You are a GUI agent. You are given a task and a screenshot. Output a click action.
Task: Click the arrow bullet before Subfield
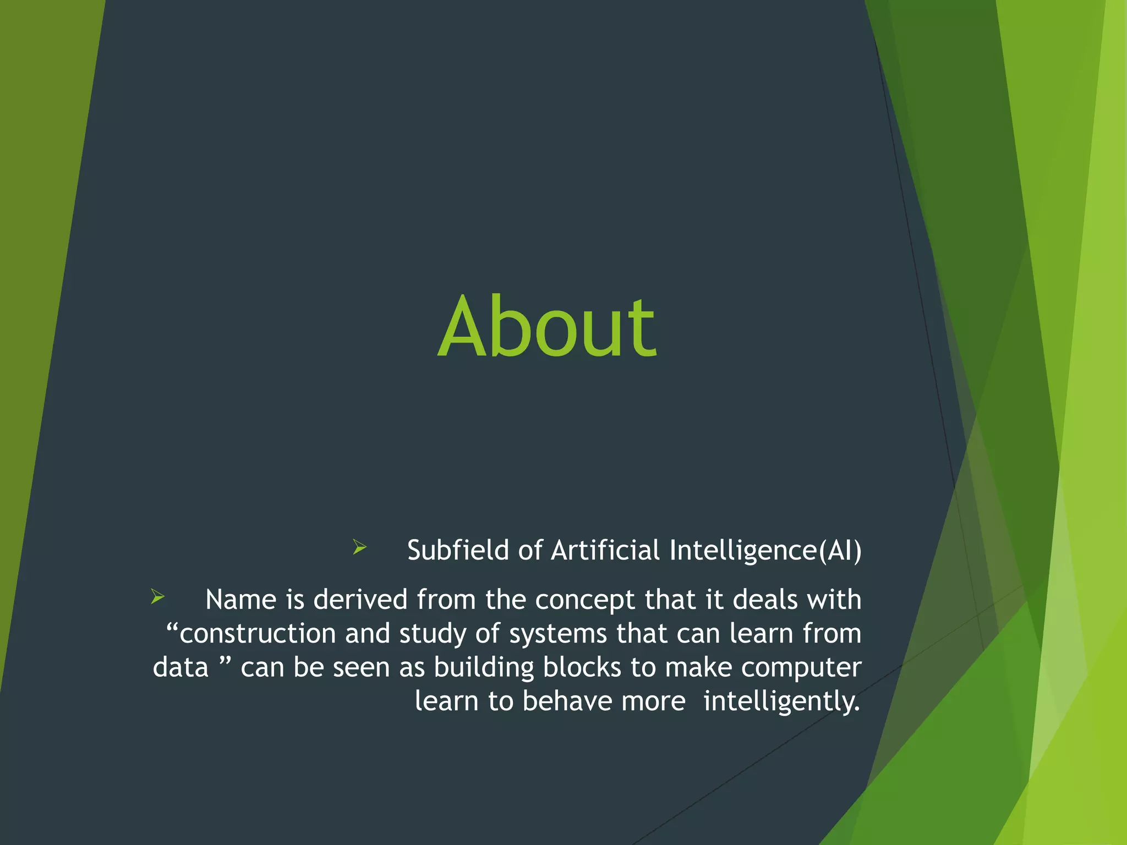coord(359,547)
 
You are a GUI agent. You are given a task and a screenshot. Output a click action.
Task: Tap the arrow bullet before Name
coord(157,597)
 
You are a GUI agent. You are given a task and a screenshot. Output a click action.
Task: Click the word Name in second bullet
coord(240,600)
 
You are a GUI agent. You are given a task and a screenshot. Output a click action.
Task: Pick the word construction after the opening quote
coord(258,634)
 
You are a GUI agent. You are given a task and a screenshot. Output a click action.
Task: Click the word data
coord(180,668)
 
